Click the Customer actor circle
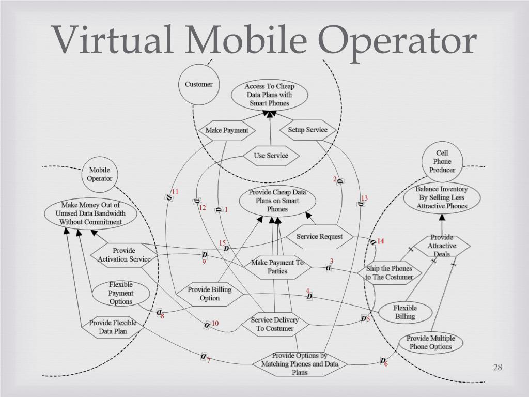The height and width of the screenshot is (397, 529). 199,85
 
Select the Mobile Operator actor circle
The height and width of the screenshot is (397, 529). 99,174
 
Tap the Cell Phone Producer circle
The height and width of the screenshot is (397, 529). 442,161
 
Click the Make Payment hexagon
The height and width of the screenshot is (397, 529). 227,130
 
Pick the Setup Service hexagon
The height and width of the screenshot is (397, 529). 307,130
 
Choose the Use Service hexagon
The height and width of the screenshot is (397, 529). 271,156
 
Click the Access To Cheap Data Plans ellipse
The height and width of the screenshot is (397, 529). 269,95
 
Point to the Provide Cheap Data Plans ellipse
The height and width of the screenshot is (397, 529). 277,201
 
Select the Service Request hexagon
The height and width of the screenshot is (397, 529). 320,237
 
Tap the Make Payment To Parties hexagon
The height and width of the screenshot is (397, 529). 277,267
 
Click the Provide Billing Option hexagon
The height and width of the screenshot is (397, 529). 209,294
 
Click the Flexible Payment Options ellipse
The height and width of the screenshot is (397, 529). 121,293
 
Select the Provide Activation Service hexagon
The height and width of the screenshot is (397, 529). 124,255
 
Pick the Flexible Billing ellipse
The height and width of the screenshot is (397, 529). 405,312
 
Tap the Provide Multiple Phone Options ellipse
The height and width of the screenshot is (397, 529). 430,342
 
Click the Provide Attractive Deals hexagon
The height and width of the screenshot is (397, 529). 442,246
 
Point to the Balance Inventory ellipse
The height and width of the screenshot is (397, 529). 441,197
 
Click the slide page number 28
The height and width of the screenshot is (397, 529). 497,368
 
